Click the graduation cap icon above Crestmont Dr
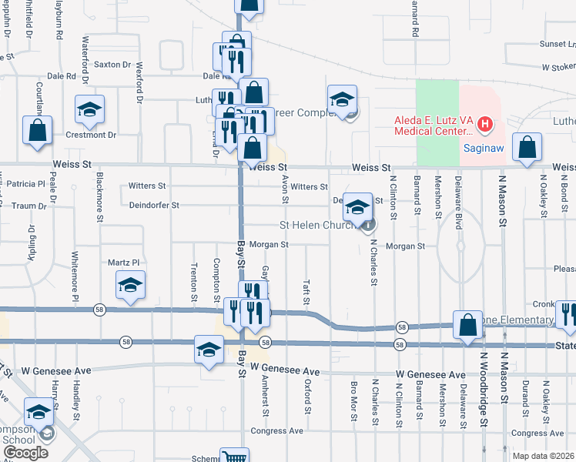pos(89,109)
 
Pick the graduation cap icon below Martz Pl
pos(131,286)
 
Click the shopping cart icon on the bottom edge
pos(234,456)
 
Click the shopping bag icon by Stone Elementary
pos(467,326)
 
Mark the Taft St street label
pos(306,291)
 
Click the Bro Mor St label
pos(353,401)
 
